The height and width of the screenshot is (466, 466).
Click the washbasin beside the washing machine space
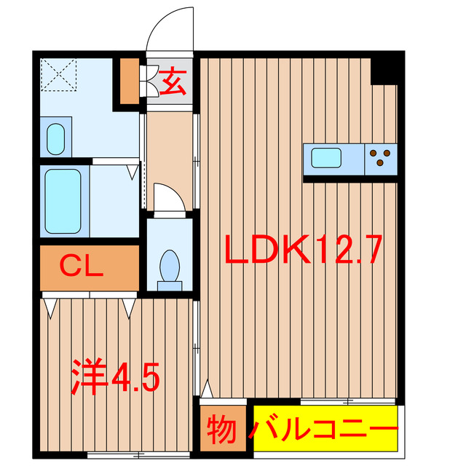point(55,138)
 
